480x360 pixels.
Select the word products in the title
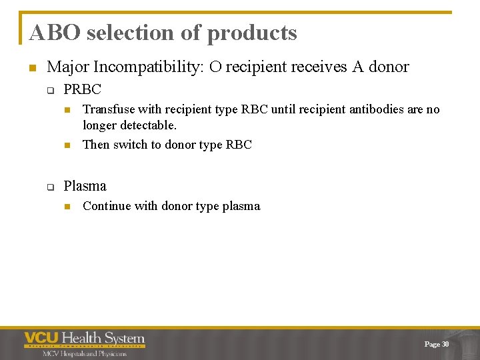click(x=252, y=33)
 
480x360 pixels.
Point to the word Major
click(x=68, y=67)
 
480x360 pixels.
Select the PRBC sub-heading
click(x=82, y=89)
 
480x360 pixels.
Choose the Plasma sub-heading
click(x=85, y=186)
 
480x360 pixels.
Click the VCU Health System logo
click(x=84, y=339)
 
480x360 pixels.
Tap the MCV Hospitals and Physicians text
click(x=75, y=353)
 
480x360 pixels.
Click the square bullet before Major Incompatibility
click(x=31, y=68)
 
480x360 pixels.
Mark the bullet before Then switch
click(x=67, y=145)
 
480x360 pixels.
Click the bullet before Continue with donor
click(x=67, y=207)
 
